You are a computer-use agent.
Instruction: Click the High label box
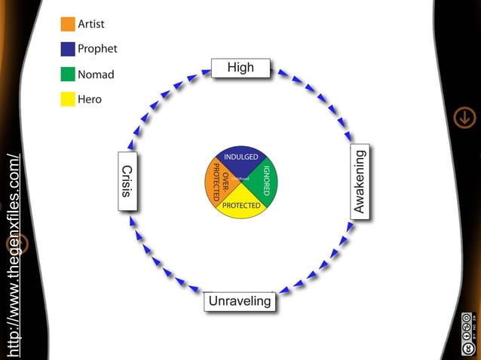coord(240,68)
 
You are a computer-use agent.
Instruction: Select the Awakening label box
coord(360,182)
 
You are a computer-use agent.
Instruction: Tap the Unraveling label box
coord(240,301)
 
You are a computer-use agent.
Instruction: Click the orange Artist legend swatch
coord(68,24)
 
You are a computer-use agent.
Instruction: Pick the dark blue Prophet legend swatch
coord(68,49)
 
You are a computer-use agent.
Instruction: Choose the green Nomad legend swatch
coord(68,75)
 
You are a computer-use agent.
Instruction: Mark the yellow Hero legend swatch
coord(68,99)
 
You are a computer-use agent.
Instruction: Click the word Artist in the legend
coord(91,24)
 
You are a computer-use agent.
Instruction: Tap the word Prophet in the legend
coord(97,49)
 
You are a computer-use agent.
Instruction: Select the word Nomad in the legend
coord(96,75)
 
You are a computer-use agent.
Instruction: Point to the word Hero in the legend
coord(90,99)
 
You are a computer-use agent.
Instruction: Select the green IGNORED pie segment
coord(266,182)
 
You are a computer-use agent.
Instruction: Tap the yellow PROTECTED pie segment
coord(241,206)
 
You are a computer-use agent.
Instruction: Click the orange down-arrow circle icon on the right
coord(464,117)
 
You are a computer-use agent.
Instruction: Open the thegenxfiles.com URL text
coord(13,256)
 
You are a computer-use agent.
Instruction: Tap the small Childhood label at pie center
coord(240,178)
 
